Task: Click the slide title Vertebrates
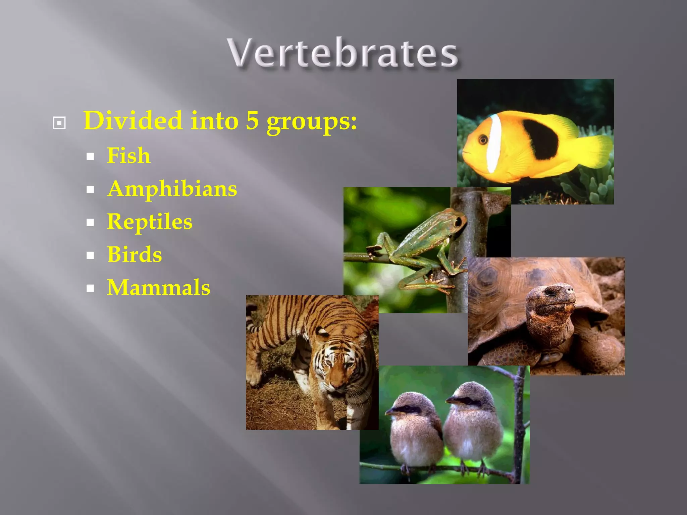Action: [343, 53]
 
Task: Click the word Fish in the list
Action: [128, 156]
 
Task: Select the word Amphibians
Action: [172, 189]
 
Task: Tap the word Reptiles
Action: [150, 222]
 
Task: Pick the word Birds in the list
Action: [135, 254]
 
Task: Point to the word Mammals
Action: [159, 288]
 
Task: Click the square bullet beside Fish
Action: [90, 156]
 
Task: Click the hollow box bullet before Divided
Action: [59, 123]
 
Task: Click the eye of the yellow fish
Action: [483, 139]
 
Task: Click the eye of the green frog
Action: [458, 222]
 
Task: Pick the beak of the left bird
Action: [390, 412]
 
